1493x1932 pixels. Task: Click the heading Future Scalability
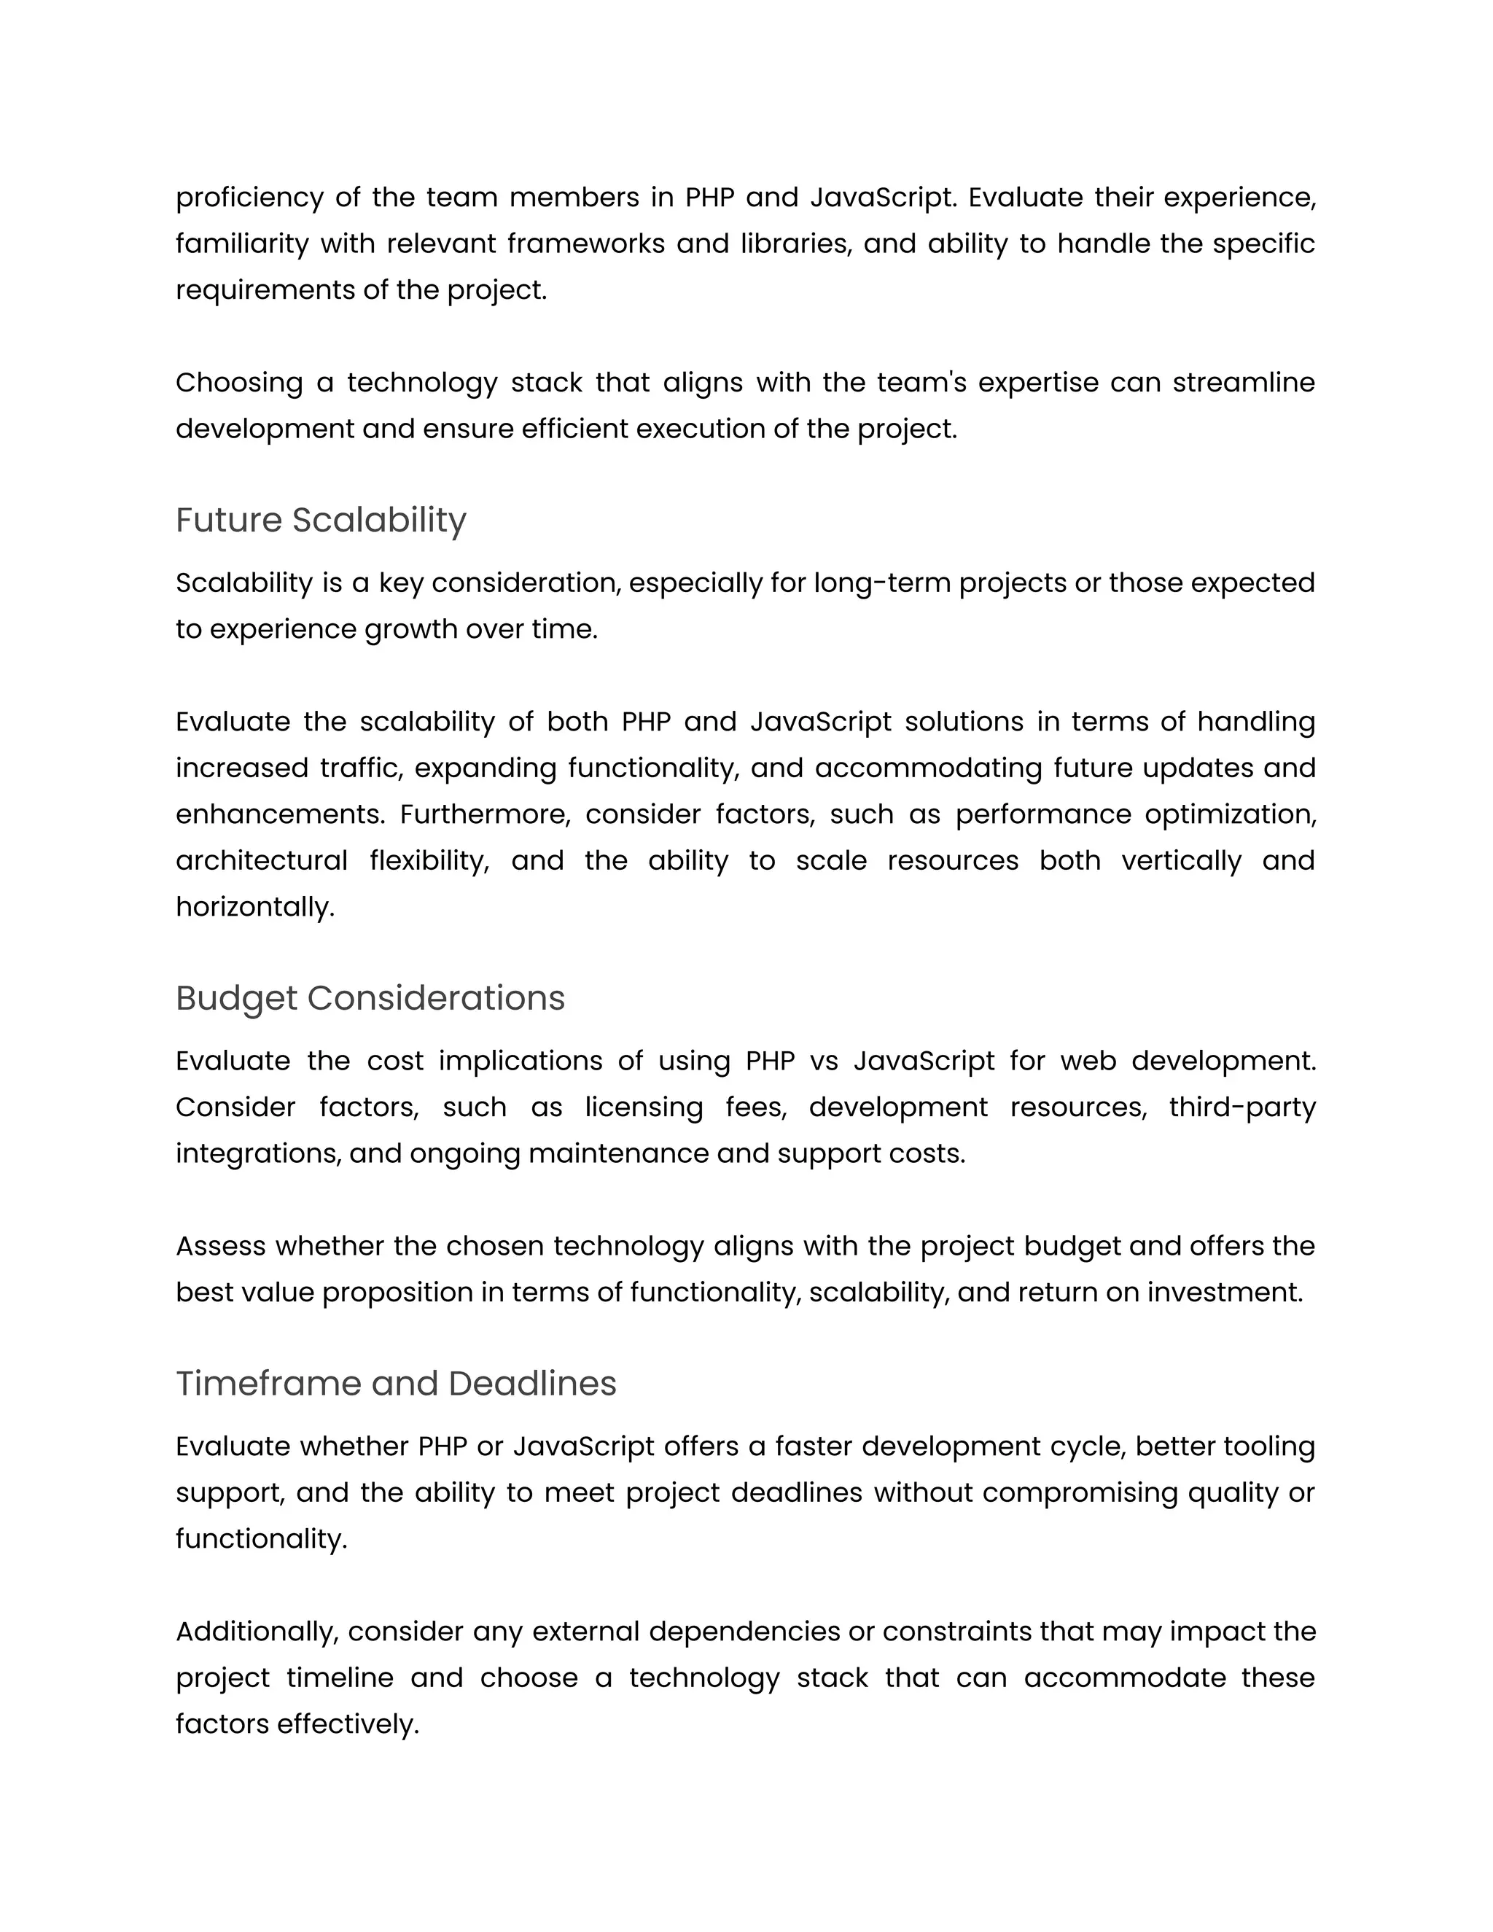(320, 520)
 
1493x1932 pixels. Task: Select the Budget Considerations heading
(370, 998)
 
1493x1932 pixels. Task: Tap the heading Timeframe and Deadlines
(395, 1384)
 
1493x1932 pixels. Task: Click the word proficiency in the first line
(249, 198)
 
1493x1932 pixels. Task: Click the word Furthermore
(485, 814)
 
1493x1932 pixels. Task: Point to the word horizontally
(254, 907)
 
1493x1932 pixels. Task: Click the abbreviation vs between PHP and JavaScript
(824, 1061)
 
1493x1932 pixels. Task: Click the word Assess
(221, 1247)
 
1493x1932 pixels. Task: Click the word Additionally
(257, 1631)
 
